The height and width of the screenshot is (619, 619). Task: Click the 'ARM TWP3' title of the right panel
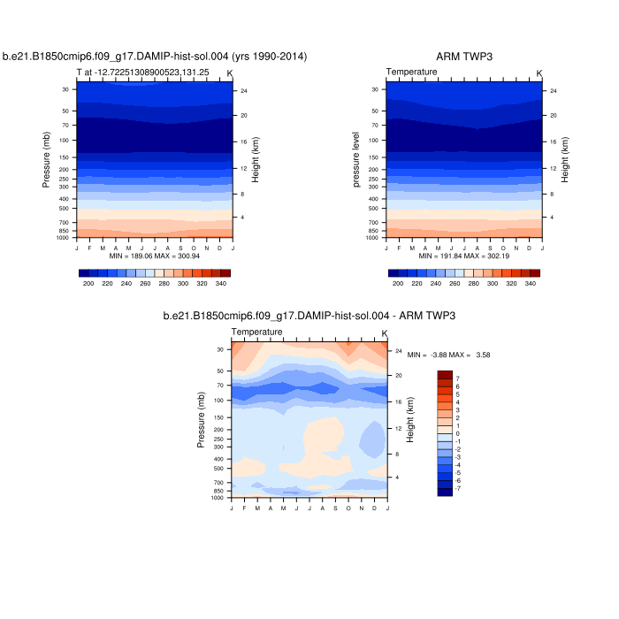pyautogui.click(x=464, y=57)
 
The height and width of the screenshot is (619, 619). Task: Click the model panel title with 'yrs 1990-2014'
pyautogui.click(x=155, y=57)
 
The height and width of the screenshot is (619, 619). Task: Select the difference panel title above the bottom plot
pyautogui.click(x=309, y=316)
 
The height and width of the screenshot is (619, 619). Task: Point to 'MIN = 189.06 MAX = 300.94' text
pyautogui.click(x=155, y=255)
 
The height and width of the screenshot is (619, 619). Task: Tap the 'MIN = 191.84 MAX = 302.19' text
pyautogui.click(x=464, y=255)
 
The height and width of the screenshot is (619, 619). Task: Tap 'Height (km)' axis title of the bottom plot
pyautogui.click(x=409, y=421)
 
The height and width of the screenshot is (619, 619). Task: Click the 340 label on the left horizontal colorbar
pyautogui.click(x=221, y=284)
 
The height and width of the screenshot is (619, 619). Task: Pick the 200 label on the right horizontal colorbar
pyautogui.click(x=398, y=284)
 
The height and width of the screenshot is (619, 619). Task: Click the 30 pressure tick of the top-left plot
pyautogui.click(x=65, y=89)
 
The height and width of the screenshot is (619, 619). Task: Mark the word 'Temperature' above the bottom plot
pyautogui.click(x=257, y=332)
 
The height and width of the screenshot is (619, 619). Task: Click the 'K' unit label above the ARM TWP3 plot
pyautogui.click(x=539, y=72)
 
